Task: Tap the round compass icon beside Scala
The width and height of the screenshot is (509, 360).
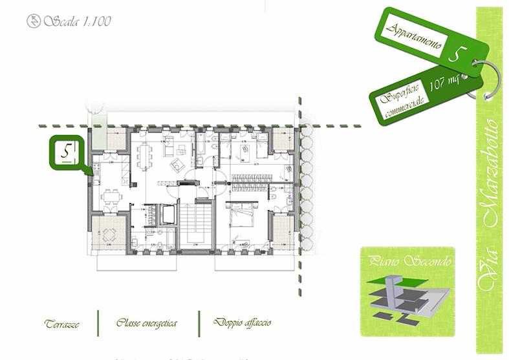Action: click(32, 21)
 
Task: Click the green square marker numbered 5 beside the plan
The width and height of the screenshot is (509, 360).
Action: click(67, 153)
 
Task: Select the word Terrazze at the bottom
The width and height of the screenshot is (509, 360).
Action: click(62, 323)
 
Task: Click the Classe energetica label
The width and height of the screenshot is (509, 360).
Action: click(147, 322)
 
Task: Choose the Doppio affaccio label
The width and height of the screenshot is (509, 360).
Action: click(244, 322)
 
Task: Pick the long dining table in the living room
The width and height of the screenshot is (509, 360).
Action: click(144, 156)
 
